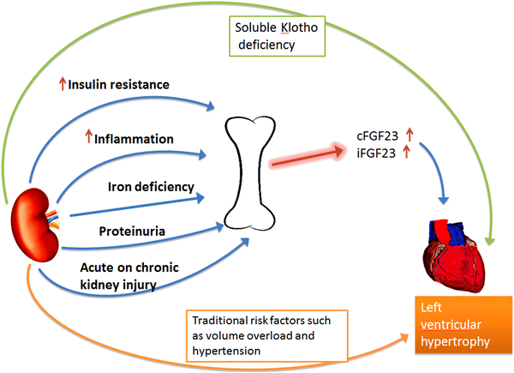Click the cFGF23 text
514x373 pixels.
pyautogui.click(x=375, y=135)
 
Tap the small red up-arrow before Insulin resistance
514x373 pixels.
pyautogui.click(x=62, y=83)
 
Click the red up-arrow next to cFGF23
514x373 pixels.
pyautogui.click(x=409, y=135)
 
